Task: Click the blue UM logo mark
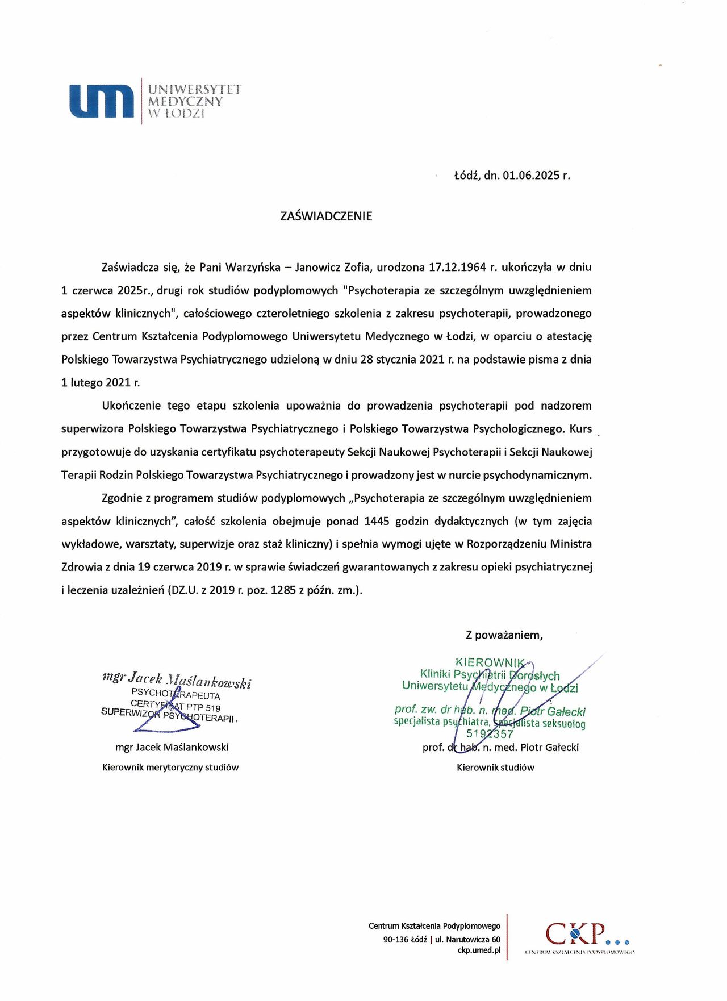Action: [102, 101]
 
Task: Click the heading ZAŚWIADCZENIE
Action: [326, 216]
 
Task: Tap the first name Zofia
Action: [358, 268]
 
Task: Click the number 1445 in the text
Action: [377, 522]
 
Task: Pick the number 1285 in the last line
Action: [283, 590]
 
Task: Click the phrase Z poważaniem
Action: [504, 635]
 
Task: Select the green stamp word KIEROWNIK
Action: [490, 662]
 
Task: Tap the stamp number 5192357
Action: [490, 733]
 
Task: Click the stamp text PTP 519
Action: [203, 708]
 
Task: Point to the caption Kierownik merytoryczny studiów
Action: [170, 768]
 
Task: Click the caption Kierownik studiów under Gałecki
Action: [495, 768]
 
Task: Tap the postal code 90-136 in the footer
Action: [396, 940]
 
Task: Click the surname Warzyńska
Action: [253, 268]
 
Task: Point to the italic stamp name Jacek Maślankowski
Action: [190, 680]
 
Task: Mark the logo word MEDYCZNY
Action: [185, 102]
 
